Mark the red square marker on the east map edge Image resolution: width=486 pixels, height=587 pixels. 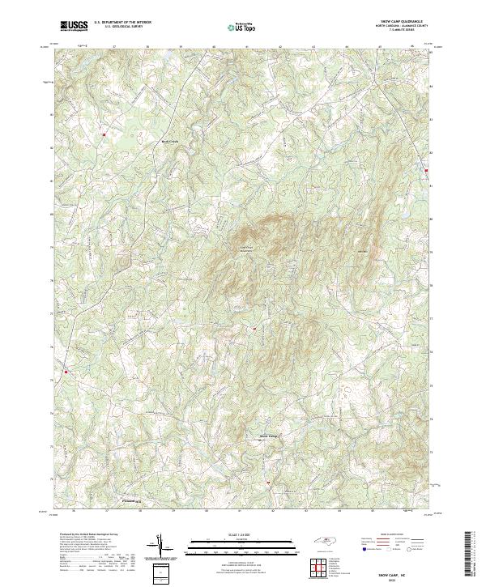(427, 170)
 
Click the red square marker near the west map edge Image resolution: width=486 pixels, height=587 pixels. (66, 372)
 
